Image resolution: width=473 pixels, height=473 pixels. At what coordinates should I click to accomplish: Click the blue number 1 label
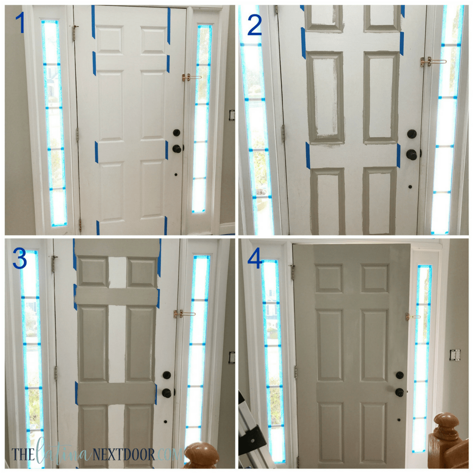click(x=20, y=23)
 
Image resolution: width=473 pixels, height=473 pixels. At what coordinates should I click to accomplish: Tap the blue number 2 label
click(x=254, y=25)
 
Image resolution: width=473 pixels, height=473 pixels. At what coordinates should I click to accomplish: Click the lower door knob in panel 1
click(x=177, y=148)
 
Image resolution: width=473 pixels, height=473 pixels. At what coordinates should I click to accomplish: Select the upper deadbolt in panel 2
click(x=412, y=134)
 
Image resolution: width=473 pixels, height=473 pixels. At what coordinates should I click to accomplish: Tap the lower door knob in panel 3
click(x=167, y=393)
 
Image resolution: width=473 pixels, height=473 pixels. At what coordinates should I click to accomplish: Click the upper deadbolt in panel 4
click(x=400, y=375)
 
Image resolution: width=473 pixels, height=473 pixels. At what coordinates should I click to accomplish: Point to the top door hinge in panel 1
click(x=75, y=32)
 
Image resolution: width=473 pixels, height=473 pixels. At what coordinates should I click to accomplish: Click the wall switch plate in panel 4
click(x=455, y=355)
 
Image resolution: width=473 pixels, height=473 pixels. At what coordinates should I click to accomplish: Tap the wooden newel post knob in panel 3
click(x=201, y=455)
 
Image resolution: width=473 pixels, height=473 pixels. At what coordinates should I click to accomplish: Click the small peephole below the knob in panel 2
click(x=410, y=187)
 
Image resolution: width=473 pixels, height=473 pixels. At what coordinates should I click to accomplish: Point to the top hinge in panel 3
click(x=54, y=263)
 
